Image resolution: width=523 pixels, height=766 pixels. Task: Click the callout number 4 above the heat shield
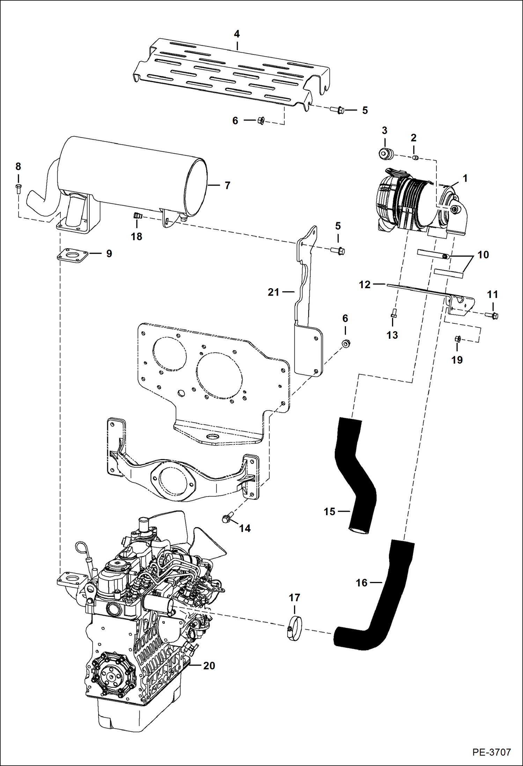click(x=237, y=34)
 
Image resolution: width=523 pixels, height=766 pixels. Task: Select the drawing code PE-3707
click(x=492, y=752)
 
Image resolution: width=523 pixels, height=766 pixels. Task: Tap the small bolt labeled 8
click(x=19, y=188)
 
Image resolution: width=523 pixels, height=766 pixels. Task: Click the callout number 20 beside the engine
click(x=209, y=665)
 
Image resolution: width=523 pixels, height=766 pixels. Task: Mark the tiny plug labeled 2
click(x=415, y=158)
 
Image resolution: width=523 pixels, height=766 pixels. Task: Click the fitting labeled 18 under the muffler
click(x=137, y=217)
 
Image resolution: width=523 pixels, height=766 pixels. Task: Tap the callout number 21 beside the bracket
click(x=273, y=292)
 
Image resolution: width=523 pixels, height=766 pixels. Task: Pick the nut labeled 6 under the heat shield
click(x=260, y=121)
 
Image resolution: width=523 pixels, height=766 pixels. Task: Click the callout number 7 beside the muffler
click(x=227, y=185)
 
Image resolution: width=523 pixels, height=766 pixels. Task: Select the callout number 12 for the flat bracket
click(x=364, y=285)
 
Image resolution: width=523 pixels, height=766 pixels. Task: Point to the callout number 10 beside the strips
click(x=483, y=255)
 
